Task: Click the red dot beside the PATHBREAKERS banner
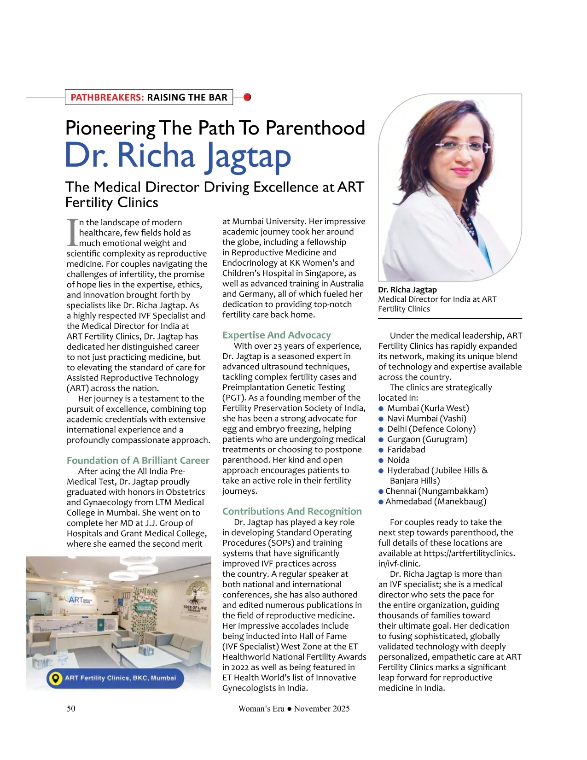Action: pyautogui.click(x=247, y=97)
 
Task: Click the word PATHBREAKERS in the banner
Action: pyautogui.click(x=107, y=98)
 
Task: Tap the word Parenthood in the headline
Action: pyautogui.click(x=315, y=129)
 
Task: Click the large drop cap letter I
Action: pyautogui.click(x=72, y=233)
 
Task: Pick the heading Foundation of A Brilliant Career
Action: pyautogui.click(x=138, y=461)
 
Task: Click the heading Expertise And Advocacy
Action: pyautogui.click(x=276, y=335)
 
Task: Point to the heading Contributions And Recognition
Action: pyautogui.click(x=292, y=511)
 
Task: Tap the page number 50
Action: pyautogui.click(x=71, y=708)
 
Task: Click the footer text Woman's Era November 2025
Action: pyautogui.click(x=294, y=709)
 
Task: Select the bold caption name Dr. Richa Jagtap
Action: pyautogui.click(x=407, y=290)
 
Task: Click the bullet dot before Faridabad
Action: pyautogui.click(x=381, y=450)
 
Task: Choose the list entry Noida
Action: pyautogui.click(x=398, y=460)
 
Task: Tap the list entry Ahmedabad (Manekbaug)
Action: pyautogui.click(x=436, y=502)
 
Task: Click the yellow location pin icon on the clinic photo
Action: pyautogui.click(x=56, y=678)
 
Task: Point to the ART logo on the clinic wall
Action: pyautogui.click(x=76, y=600)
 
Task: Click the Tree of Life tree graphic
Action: pyautogui.click(x=195, y=594)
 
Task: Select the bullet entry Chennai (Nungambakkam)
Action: pyautogui.click(x=436, y=491)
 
